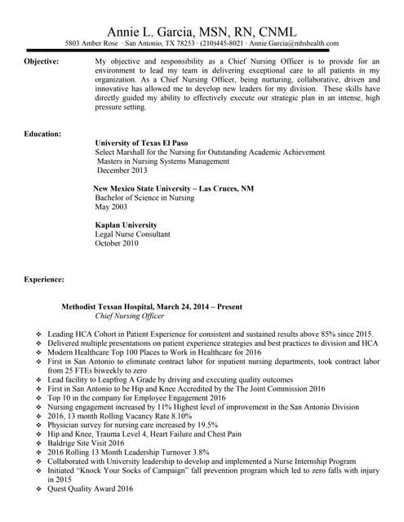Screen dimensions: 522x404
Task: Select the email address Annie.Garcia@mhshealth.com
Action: click(x=294, y=43)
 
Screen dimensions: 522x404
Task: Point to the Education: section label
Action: click(x=42, y=134)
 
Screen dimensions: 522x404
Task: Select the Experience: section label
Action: click(x=44, y=280)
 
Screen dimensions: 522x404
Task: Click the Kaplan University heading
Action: click(x=126, y=225)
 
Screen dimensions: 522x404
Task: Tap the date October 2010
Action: click(x=118, y=243)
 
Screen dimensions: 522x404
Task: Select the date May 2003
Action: click(x=113, y=207)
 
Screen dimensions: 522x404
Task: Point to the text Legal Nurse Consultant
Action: click(x=133, y=234)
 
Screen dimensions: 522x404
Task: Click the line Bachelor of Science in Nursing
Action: click(x=144, y=198)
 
